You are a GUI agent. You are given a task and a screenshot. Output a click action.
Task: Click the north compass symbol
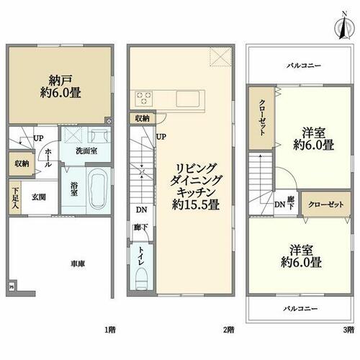pyautogui.click(x=344, y=27)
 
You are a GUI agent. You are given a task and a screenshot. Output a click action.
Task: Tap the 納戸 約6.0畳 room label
pyautogui.click(x=60, y=86)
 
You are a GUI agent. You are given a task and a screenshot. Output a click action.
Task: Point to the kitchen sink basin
pyautogui.click(x=188, y=99)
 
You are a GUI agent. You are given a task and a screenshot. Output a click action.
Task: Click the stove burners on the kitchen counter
pyautogui.click(x=144, y=98)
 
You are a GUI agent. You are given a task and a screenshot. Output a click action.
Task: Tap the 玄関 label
pyautogui.click(x=39, y=197)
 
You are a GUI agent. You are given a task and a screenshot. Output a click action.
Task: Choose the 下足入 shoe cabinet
pyautogui.click(x=15, y=197)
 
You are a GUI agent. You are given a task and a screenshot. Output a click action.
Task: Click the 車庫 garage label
pyautogui.click(x=78, y=264)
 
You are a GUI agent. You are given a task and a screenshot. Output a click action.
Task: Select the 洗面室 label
pyautogui.click(x=86, y=151)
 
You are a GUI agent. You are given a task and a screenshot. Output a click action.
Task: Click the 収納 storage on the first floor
pyautogui.click(x=21, y=163)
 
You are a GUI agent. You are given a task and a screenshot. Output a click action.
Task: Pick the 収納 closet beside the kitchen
pyautogui.click(x=142, y=118)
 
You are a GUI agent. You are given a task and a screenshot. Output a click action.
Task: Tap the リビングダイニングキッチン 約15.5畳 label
pyautogui.click(x=195, y=186)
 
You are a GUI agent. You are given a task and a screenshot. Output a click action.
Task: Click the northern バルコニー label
pyautogui.click(x=304, y=66)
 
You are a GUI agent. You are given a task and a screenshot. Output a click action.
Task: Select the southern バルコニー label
pyautogui.click(x=300, y=309)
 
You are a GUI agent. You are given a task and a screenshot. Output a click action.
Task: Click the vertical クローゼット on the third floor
pyautogui.click(x=261, y=118)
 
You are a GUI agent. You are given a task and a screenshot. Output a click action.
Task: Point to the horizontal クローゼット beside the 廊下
pyautogui.click(x=326, y=204)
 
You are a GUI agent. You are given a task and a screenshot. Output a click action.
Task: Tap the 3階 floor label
pyautogui.click(x=348, y=330)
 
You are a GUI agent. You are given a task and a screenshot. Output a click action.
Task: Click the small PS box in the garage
pyautogui.click(x=12, y=287)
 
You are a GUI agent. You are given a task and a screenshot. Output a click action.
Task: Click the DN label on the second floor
pyautogui.click(x=142, y=210)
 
